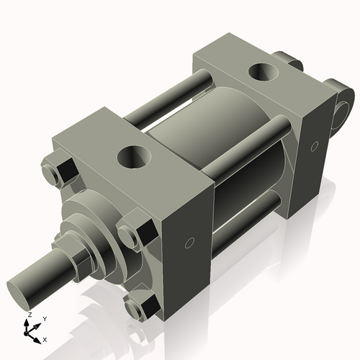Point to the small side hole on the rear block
314,147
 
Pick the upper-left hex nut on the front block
58,173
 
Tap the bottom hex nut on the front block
139,307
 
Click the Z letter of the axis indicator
28,315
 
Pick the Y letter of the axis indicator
44,318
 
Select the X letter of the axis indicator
45,338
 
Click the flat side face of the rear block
317,158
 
